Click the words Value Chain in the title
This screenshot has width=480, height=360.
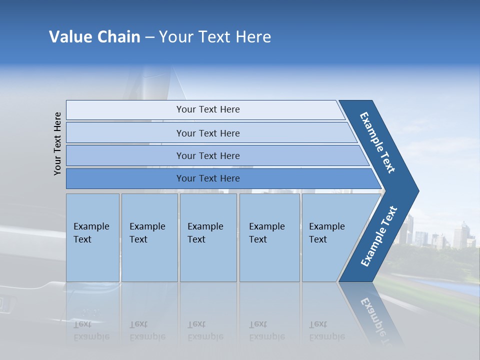pos(94,37)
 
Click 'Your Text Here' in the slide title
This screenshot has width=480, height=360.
pos(215,37)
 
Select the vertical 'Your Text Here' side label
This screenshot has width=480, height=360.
pos(57,143)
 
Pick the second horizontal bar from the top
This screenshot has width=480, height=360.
pos(208,133)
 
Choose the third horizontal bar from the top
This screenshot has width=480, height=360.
pos(208,155)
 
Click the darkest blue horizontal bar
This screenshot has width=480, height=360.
pos(208,178)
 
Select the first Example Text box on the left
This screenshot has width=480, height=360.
pos(92,237)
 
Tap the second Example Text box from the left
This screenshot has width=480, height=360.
pos(149,237)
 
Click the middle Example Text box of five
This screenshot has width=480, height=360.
pos(208,237)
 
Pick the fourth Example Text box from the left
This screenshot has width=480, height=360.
pos(269,237)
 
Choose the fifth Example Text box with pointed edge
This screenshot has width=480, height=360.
pos(330,237)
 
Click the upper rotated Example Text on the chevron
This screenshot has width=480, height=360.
pos(378,142)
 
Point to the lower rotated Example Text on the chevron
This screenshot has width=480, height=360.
pos(378,236)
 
